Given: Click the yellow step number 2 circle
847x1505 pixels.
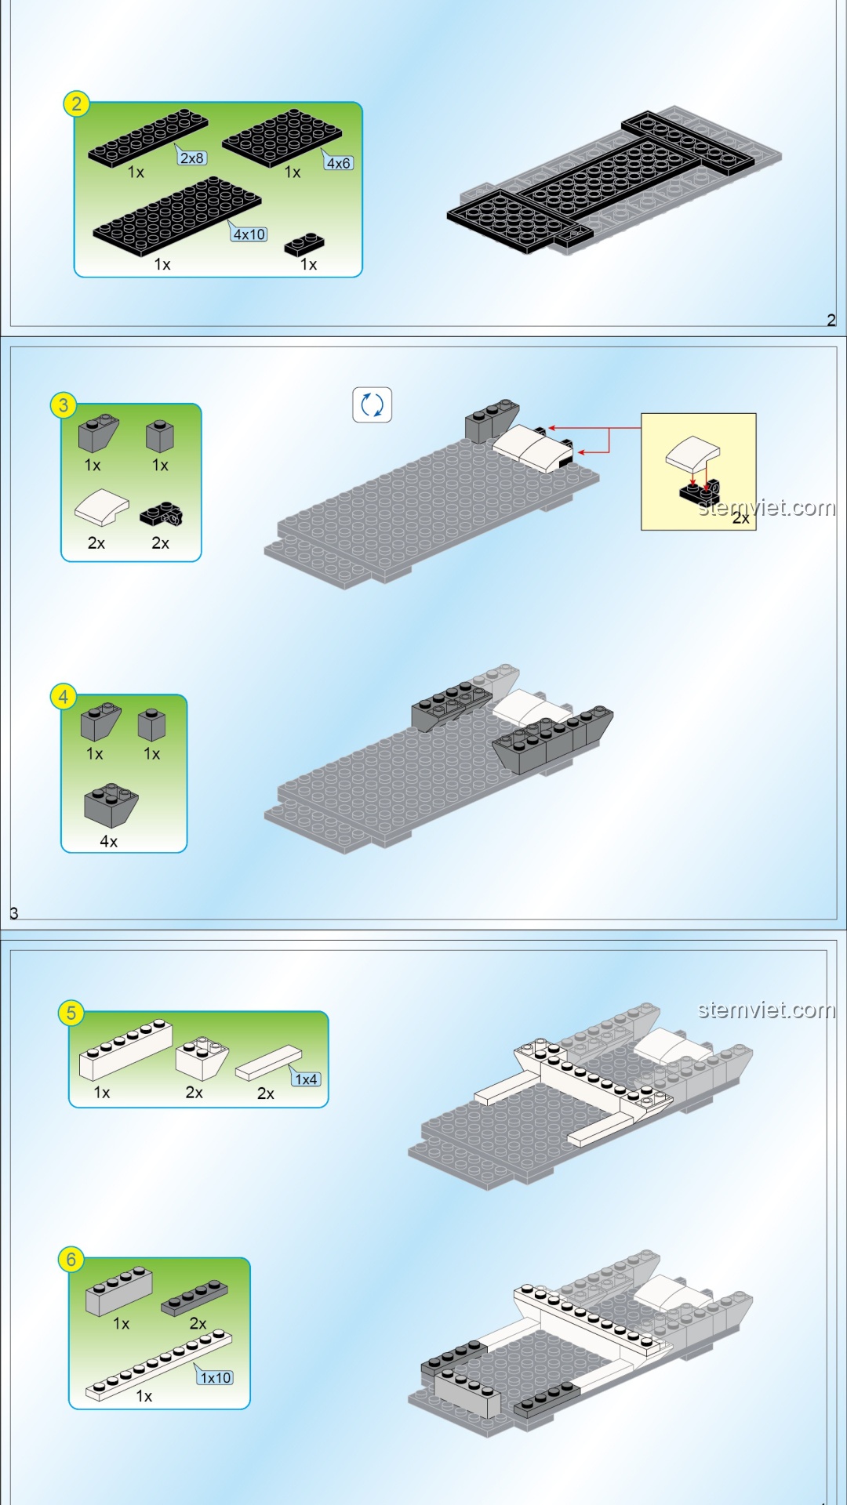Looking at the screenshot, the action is tap(76, 103).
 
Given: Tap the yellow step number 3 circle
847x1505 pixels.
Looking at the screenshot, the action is tap(64, 405).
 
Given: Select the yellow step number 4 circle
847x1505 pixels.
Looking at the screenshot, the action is tap(64, 696).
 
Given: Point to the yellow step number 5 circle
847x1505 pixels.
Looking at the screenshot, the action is tap(71, 1013).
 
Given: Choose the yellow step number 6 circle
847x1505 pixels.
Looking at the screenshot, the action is tap(71, 1260).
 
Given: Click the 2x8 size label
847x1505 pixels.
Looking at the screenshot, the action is tap(192, 158).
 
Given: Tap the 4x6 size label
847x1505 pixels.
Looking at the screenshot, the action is tap(339, 163).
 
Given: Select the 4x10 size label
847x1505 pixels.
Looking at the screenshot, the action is tap(249, 234).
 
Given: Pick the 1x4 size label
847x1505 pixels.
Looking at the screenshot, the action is tap(306, 1079).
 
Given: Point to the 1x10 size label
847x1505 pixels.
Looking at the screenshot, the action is tap(216, 1377).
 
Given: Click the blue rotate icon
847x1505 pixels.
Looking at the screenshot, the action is tap(372, 405).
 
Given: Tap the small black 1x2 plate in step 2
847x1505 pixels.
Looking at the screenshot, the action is tap(305, 245).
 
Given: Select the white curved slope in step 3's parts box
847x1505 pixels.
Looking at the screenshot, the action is tap(102, 508).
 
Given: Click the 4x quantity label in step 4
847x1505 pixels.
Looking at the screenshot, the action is tap(109, 841).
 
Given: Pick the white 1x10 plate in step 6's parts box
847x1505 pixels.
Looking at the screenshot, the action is tap(159, 1364).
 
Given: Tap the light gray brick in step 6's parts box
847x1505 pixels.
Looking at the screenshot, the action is tap(119, 1290).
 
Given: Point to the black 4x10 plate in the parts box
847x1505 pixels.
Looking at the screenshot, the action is tap(177, 216).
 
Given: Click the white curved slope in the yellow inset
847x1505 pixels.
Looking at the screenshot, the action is tap(693, 454).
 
